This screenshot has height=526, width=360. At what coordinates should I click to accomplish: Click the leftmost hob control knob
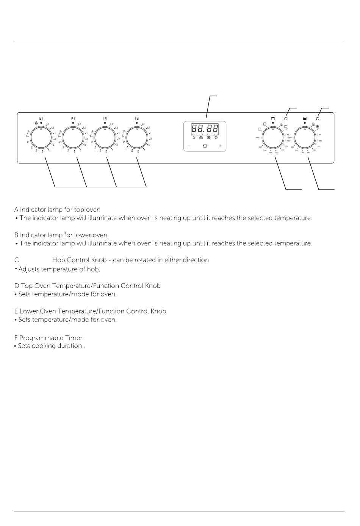[x=41, y=137]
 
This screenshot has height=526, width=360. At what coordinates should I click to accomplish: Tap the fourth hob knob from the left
[x=137, y=137]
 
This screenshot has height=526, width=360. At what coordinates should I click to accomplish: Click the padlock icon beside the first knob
[x=36, y=123]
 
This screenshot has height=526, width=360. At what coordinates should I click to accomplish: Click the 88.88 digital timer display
[x=205, y=128]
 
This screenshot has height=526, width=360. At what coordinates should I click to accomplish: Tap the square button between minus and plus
[x=205, y=146]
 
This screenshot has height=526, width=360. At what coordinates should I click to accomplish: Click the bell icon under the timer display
[x=194, y=138]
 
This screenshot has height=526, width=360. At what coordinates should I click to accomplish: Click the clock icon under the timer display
[x=216, y=138]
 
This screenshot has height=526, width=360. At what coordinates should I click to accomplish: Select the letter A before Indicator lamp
[x=16, y=210]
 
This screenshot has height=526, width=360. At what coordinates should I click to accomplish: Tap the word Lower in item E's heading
[x=29, y=311]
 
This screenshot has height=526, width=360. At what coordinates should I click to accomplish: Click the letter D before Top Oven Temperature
[x=16, y=286]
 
